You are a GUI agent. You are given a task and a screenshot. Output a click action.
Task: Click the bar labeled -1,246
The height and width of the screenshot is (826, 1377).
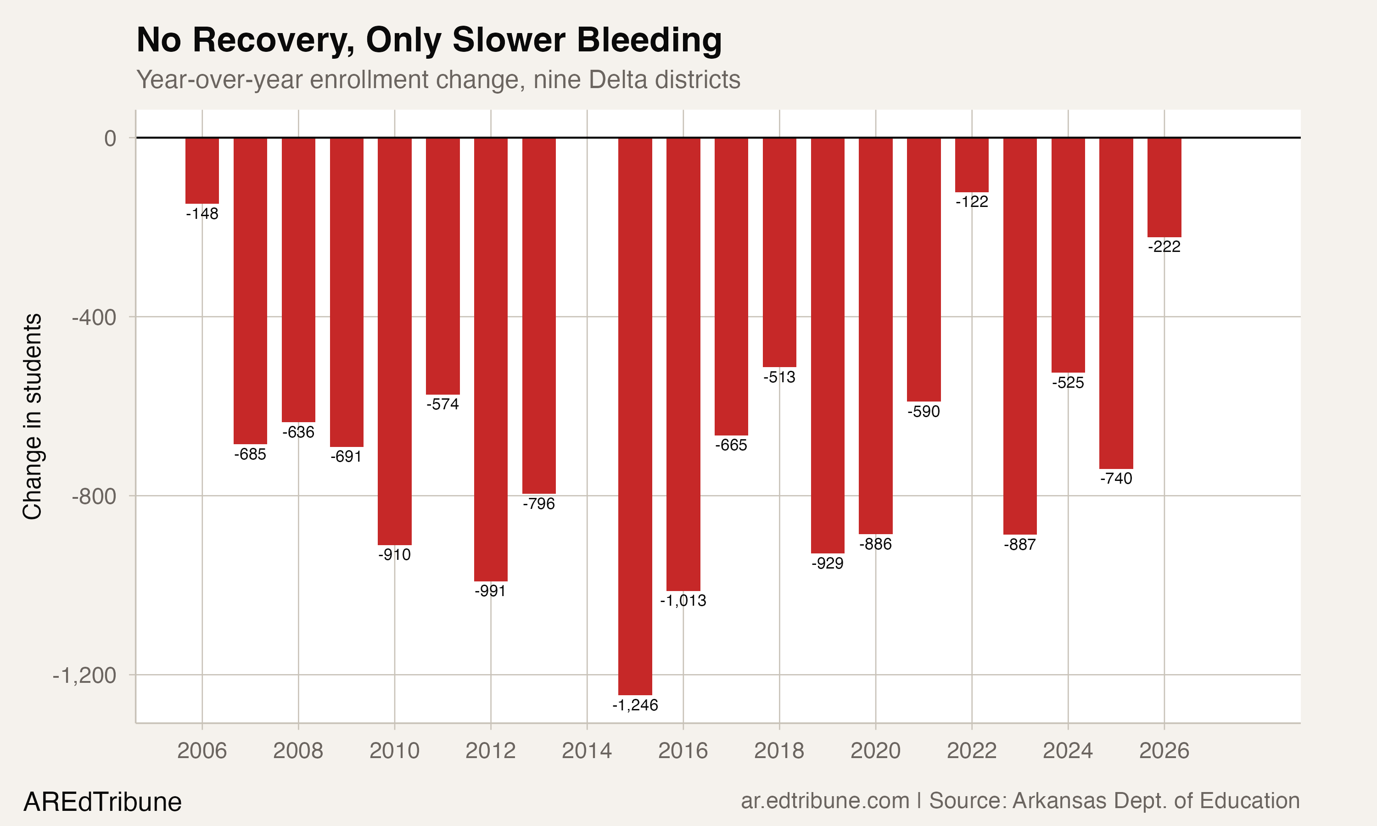point(635,416)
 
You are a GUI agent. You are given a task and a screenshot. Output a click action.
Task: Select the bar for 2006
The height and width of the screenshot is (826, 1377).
point(202,170)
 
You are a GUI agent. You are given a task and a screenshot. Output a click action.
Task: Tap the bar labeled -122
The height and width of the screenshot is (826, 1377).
point(972,165)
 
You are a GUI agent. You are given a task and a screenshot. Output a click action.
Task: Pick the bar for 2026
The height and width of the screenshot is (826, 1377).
point(1164,187)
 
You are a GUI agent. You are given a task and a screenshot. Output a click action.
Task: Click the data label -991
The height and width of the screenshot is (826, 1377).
point(490,591)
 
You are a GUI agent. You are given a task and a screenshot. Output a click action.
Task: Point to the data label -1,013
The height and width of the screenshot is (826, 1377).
point(683,601)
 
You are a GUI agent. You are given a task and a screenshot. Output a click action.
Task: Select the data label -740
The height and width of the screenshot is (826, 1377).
point(1116,479)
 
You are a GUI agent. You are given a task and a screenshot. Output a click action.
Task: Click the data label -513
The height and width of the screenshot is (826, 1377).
point(779,377)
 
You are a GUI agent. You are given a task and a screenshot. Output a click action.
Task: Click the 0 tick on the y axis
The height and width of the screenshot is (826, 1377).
point(110,138)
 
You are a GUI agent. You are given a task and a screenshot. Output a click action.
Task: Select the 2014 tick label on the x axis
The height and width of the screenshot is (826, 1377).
point(587,751)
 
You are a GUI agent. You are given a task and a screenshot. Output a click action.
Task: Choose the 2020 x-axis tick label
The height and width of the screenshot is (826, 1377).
point(875,751)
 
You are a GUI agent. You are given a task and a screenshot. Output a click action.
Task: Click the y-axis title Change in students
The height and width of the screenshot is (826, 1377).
point(32,416)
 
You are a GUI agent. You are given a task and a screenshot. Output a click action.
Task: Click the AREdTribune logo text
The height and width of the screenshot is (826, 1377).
point(102,802)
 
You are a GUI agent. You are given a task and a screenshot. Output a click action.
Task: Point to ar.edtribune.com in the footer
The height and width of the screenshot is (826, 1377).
point(825,801)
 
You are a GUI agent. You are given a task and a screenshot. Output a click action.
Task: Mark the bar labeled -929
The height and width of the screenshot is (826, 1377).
point(828,345)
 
